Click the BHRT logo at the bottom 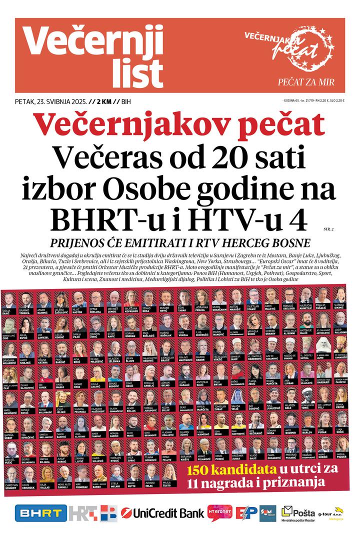(41, 513)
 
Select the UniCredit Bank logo (162, 513)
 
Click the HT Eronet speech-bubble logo (219, 513)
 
